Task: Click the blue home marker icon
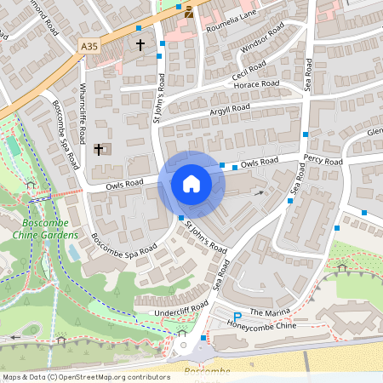pos(191,184)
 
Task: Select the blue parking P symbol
pos(237,317)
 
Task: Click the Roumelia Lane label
pos(232,20)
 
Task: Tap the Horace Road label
pos(258,84)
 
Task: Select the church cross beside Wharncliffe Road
pos(98,150)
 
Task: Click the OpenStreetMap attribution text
pos(85,376)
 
